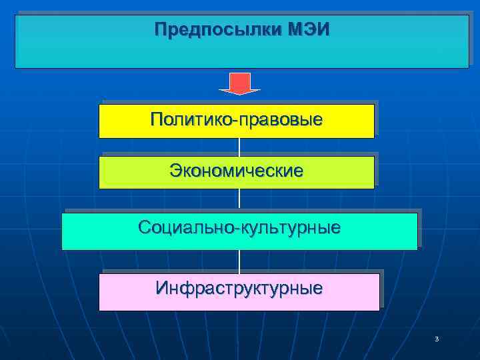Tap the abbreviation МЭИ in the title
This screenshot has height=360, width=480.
tap(309, 31)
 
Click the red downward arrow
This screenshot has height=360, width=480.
tap(239, 83)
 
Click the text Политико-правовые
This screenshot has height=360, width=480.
tap(237, 120)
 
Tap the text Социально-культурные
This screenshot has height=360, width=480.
tap(239, 228)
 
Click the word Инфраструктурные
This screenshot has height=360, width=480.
tap(239, 288)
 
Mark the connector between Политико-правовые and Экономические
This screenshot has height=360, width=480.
tap(239, 147)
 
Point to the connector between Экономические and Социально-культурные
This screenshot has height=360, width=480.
tap(239, 200)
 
